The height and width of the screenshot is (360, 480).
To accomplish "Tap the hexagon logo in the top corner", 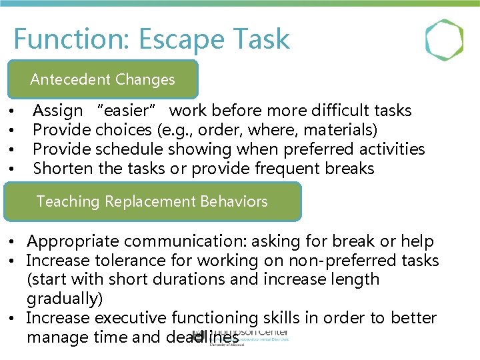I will (x=444, y=40).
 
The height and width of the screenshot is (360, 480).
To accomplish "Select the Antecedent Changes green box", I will (x=103, y=79).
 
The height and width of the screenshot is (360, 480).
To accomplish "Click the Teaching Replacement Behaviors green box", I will (x=152, y=201).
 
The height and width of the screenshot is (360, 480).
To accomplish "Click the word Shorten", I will (x=63, y=169).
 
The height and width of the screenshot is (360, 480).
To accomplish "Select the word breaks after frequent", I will (x=349, y=169).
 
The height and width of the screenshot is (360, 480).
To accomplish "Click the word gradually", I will (x=63, y=299).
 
